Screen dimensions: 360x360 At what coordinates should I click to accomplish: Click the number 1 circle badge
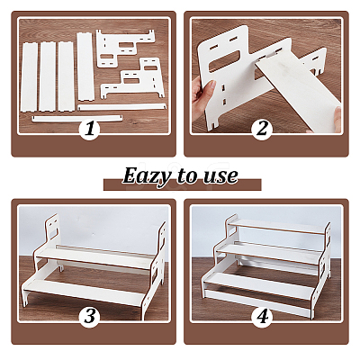point(89,130)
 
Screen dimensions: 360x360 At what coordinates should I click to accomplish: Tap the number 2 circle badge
point(262,130)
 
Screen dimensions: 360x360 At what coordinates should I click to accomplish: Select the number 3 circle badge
point(89,317)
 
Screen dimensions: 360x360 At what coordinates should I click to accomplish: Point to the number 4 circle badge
point(262,317)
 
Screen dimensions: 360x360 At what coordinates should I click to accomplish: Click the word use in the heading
point(220,177)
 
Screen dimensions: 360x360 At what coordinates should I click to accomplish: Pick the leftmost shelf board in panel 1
point(29,77)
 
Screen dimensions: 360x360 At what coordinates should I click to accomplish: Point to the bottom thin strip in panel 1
point(77,119)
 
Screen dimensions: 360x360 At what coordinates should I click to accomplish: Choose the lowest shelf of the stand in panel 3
point(85,290)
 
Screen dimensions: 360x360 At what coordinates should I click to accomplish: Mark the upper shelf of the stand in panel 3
point(95,257)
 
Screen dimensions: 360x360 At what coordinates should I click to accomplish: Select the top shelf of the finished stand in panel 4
point(277,227)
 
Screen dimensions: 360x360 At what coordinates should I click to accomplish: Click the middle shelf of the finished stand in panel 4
point(269,253)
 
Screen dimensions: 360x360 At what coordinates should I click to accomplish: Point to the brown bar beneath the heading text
point(183,185)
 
